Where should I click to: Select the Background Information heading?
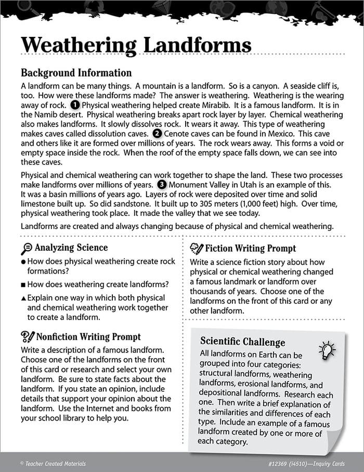coord(76,73)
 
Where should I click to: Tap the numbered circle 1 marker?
coord(75,106)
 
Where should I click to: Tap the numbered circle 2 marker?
coord(157,133)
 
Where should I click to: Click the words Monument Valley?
coord(200,185)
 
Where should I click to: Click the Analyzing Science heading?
coord(71,248)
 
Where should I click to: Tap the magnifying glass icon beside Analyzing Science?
coord(27,248)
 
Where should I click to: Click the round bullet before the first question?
coord(23,262)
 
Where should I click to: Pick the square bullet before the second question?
coord(23,285)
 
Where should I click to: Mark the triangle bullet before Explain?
coord(23,298)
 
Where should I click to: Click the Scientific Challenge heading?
coord(243,342)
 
